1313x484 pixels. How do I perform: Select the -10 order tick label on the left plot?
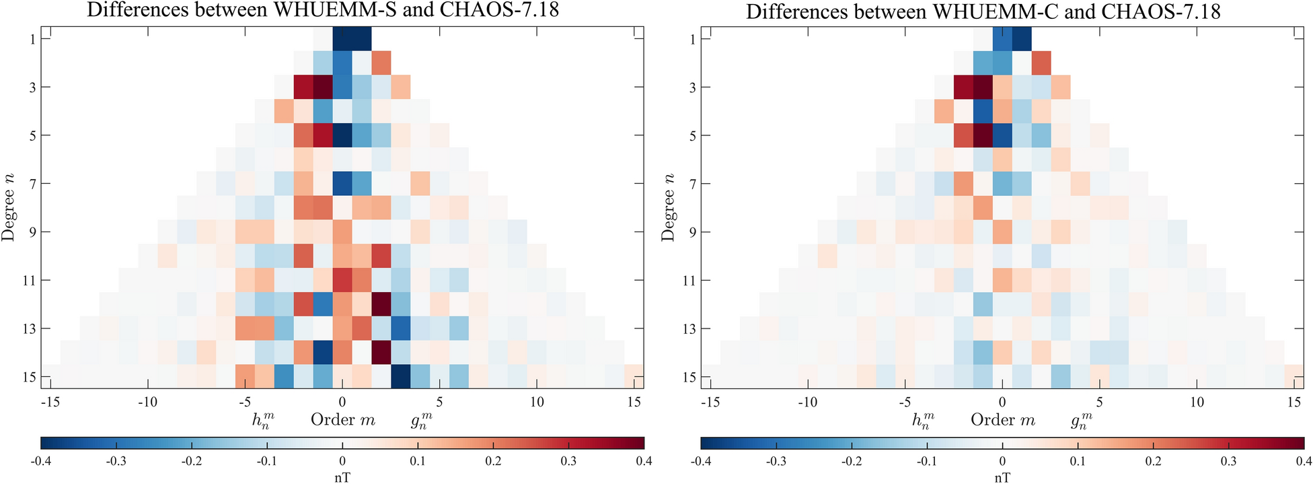(147, 402)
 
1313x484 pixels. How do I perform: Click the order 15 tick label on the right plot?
(1294, 402)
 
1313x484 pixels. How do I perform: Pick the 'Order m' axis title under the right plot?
(1002, 420)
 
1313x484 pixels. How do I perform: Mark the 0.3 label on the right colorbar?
(1229, 461)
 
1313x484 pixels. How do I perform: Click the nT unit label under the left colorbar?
(342, 477)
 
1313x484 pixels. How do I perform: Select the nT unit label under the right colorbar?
(1002, 477)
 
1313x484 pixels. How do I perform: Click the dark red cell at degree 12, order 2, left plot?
(381, 304)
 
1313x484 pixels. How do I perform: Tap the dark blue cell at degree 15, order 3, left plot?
(400, 377)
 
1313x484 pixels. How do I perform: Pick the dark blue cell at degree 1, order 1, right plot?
(1022, 39)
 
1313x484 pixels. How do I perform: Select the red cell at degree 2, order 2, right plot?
(1041, 63)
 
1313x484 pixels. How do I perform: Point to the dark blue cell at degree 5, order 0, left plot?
(342, 135)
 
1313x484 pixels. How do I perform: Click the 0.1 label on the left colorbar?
(418, 461)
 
